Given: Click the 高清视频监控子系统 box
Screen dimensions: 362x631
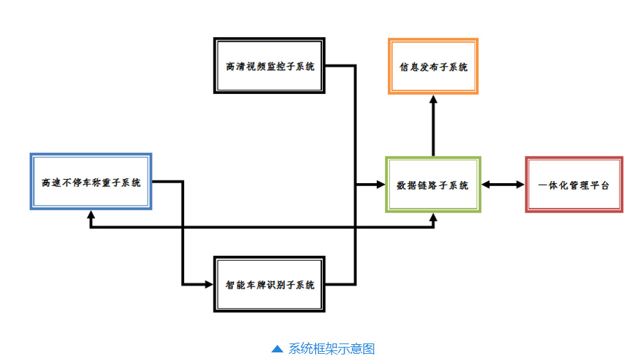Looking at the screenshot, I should [269, 66].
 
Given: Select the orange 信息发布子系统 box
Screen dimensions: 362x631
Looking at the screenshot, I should [433, 66].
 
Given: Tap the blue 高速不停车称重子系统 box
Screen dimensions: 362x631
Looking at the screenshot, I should [91, 182].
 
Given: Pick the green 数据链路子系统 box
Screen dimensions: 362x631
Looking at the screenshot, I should [433, 184].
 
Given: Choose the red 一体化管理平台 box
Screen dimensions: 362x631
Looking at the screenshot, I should [574, 184].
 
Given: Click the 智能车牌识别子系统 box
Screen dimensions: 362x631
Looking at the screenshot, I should [269, 285].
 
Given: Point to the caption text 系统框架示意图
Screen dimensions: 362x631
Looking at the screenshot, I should [332, 349].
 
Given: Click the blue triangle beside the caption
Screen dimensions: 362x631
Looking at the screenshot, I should [277, 349].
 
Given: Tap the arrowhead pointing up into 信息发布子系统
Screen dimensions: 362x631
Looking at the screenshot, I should [433, 99].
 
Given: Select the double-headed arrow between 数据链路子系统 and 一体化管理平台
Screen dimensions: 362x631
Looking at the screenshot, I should [503, 184].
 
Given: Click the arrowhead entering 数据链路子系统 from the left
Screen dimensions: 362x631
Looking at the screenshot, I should [380, 184].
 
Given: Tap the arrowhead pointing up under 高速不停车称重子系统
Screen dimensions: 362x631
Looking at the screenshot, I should [91, 216].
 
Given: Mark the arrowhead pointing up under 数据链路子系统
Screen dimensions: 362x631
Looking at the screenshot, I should [433, 219].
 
